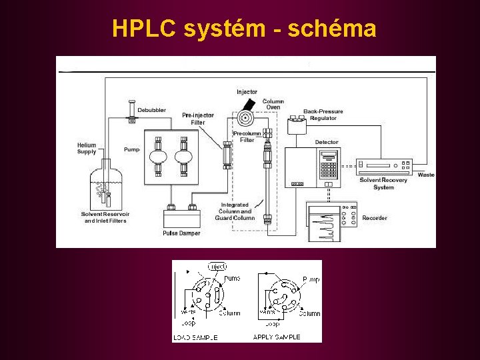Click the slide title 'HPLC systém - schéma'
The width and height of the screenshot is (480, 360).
(244, 29)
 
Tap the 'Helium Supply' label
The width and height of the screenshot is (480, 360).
(87, 148)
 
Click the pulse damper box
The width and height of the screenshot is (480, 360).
(182, 219)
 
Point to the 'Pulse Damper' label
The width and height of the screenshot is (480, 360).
(181, 233)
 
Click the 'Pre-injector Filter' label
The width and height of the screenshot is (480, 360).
(198, 119)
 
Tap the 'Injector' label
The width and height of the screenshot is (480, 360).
(247, 91)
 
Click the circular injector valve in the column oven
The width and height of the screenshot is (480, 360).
(245, 119)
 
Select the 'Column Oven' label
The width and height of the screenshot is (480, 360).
(273, 105)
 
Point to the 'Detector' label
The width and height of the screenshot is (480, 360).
(327, 142)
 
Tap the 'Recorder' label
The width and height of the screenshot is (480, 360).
(375, 218)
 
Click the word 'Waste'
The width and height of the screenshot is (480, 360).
(426, 175)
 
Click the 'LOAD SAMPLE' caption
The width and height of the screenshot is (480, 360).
(195, 337)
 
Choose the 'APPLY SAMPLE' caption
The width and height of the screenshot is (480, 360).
(277, 337)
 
